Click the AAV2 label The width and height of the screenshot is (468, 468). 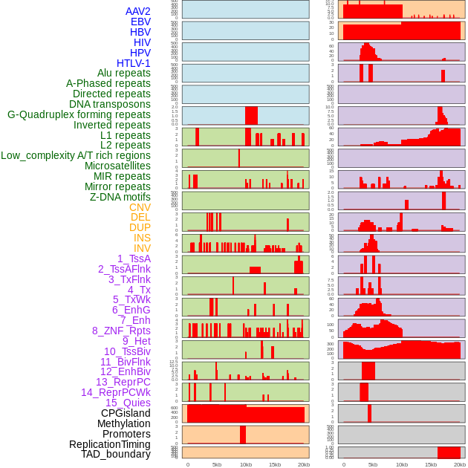(x=138, y=11)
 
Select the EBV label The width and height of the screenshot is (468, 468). (x=140, y=22)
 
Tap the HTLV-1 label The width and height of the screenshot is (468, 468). (x=134, y=63)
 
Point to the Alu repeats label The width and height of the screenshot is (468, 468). (x=124, y=73)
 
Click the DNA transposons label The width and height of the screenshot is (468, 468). (x=110, y=104)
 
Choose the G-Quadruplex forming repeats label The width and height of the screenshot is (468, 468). (x=79, y=114)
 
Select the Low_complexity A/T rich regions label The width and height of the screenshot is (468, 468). (x=76, y=155)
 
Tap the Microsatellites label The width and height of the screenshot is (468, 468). (x=117, y=166)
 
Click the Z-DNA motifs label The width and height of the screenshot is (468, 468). (x=120, y=197)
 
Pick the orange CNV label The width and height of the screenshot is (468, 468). (x=140, y=207)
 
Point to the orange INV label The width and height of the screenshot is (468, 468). (x=142, y=248)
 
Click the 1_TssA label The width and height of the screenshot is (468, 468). (x=134, y=259)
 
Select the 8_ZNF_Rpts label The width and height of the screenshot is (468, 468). (x=121, y=331)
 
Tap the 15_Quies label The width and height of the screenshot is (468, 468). (x=128, y=403)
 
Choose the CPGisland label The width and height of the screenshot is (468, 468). (x=126, y=413)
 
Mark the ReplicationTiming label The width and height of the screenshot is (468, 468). (x=110, y=444)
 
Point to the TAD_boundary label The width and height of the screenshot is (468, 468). (x=116, y=454)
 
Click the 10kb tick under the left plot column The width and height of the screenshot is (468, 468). (x=245, y=464)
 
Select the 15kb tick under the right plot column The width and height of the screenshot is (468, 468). (x=431, y=464)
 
